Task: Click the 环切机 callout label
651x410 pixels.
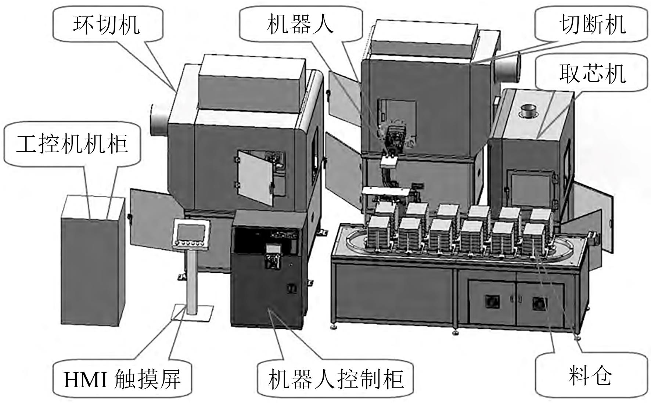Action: (107, 25)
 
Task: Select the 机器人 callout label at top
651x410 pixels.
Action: (301, 25)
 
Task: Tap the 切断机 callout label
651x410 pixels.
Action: (592, 25)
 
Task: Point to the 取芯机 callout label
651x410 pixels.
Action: (592, 73)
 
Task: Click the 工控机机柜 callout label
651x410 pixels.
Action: (72, 143)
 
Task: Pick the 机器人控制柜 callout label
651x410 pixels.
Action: (336, 379)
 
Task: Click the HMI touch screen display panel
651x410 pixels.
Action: (191, 232)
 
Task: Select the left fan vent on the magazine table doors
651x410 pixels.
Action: (491, 302)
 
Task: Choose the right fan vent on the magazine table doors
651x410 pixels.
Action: (540, 302)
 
